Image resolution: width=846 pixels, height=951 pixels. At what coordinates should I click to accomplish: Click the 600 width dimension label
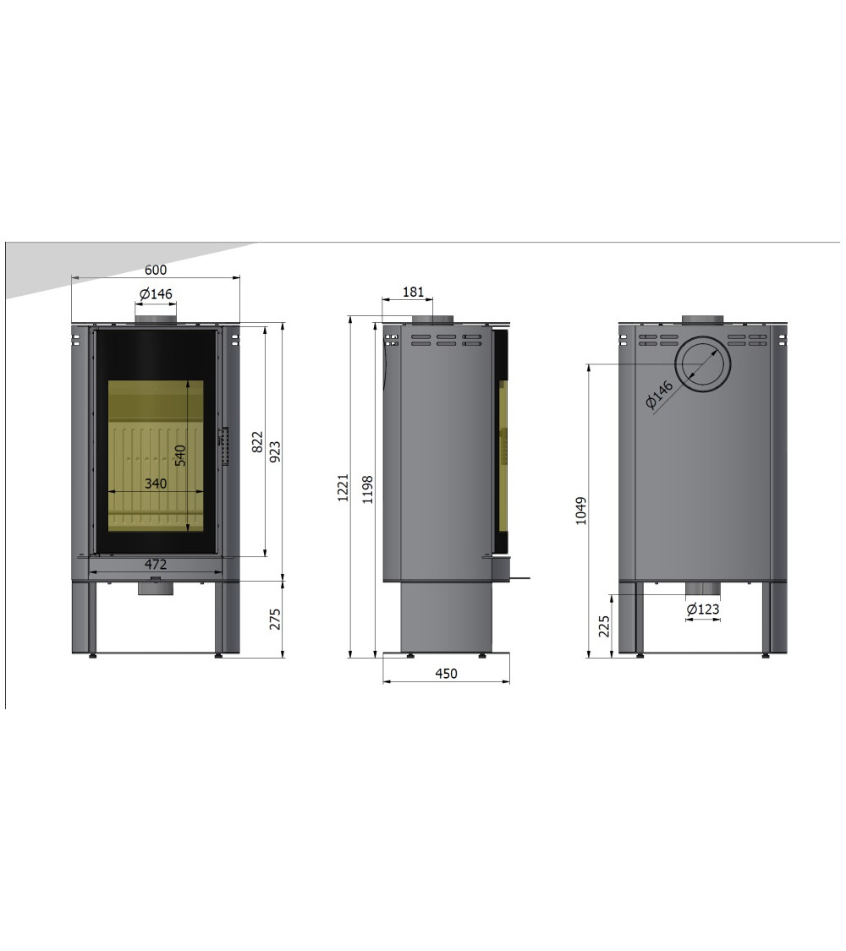coord(156,270)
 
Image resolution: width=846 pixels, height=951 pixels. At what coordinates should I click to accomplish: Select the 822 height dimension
coord(257,441)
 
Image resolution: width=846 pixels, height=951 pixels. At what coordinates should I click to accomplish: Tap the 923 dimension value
coord(275,452)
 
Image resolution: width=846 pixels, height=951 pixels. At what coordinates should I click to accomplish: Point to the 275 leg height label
coord(275,620)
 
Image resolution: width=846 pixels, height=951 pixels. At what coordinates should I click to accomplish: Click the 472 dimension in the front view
coord(156,564)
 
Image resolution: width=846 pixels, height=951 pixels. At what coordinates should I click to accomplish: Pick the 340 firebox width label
coord(156,484)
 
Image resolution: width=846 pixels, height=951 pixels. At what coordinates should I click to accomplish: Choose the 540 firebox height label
coord(180,456)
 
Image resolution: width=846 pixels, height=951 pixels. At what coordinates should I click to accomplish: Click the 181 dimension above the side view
coord(414,292)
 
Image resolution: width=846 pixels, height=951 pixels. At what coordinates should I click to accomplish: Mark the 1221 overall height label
coord(343,488)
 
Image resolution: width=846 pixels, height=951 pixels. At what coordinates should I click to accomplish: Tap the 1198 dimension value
coord(367,490)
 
